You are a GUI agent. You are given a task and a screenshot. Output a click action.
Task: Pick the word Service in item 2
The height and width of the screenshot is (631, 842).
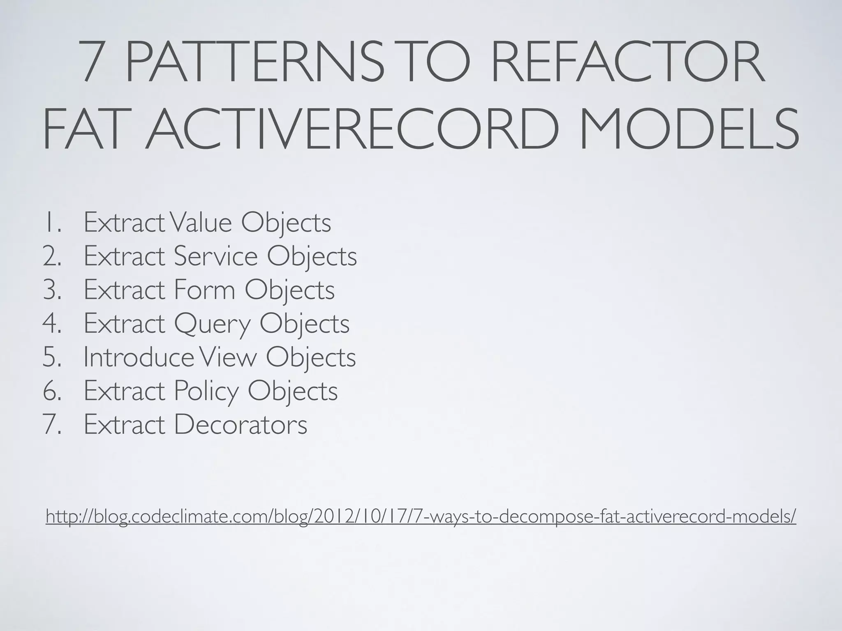215,256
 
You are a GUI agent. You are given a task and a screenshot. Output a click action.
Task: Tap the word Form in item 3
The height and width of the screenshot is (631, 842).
204,290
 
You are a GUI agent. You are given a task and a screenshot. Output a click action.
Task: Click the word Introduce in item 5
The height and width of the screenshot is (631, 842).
138,357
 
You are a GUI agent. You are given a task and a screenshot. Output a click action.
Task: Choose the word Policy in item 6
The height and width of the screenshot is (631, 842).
206,391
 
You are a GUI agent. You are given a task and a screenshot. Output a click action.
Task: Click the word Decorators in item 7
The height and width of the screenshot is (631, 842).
240,424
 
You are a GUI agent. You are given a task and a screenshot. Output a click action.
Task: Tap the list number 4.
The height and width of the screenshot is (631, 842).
51,323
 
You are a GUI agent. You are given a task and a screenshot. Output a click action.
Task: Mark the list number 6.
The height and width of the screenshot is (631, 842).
51,391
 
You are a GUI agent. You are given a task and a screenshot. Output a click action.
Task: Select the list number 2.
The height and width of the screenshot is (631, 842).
51,256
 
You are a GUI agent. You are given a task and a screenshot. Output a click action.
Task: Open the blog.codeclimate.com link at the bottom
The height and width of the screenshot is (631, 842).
421,516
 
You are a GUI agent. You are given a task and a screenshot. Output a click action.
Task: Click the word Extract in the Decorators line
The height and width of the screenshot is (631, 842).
124,424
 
